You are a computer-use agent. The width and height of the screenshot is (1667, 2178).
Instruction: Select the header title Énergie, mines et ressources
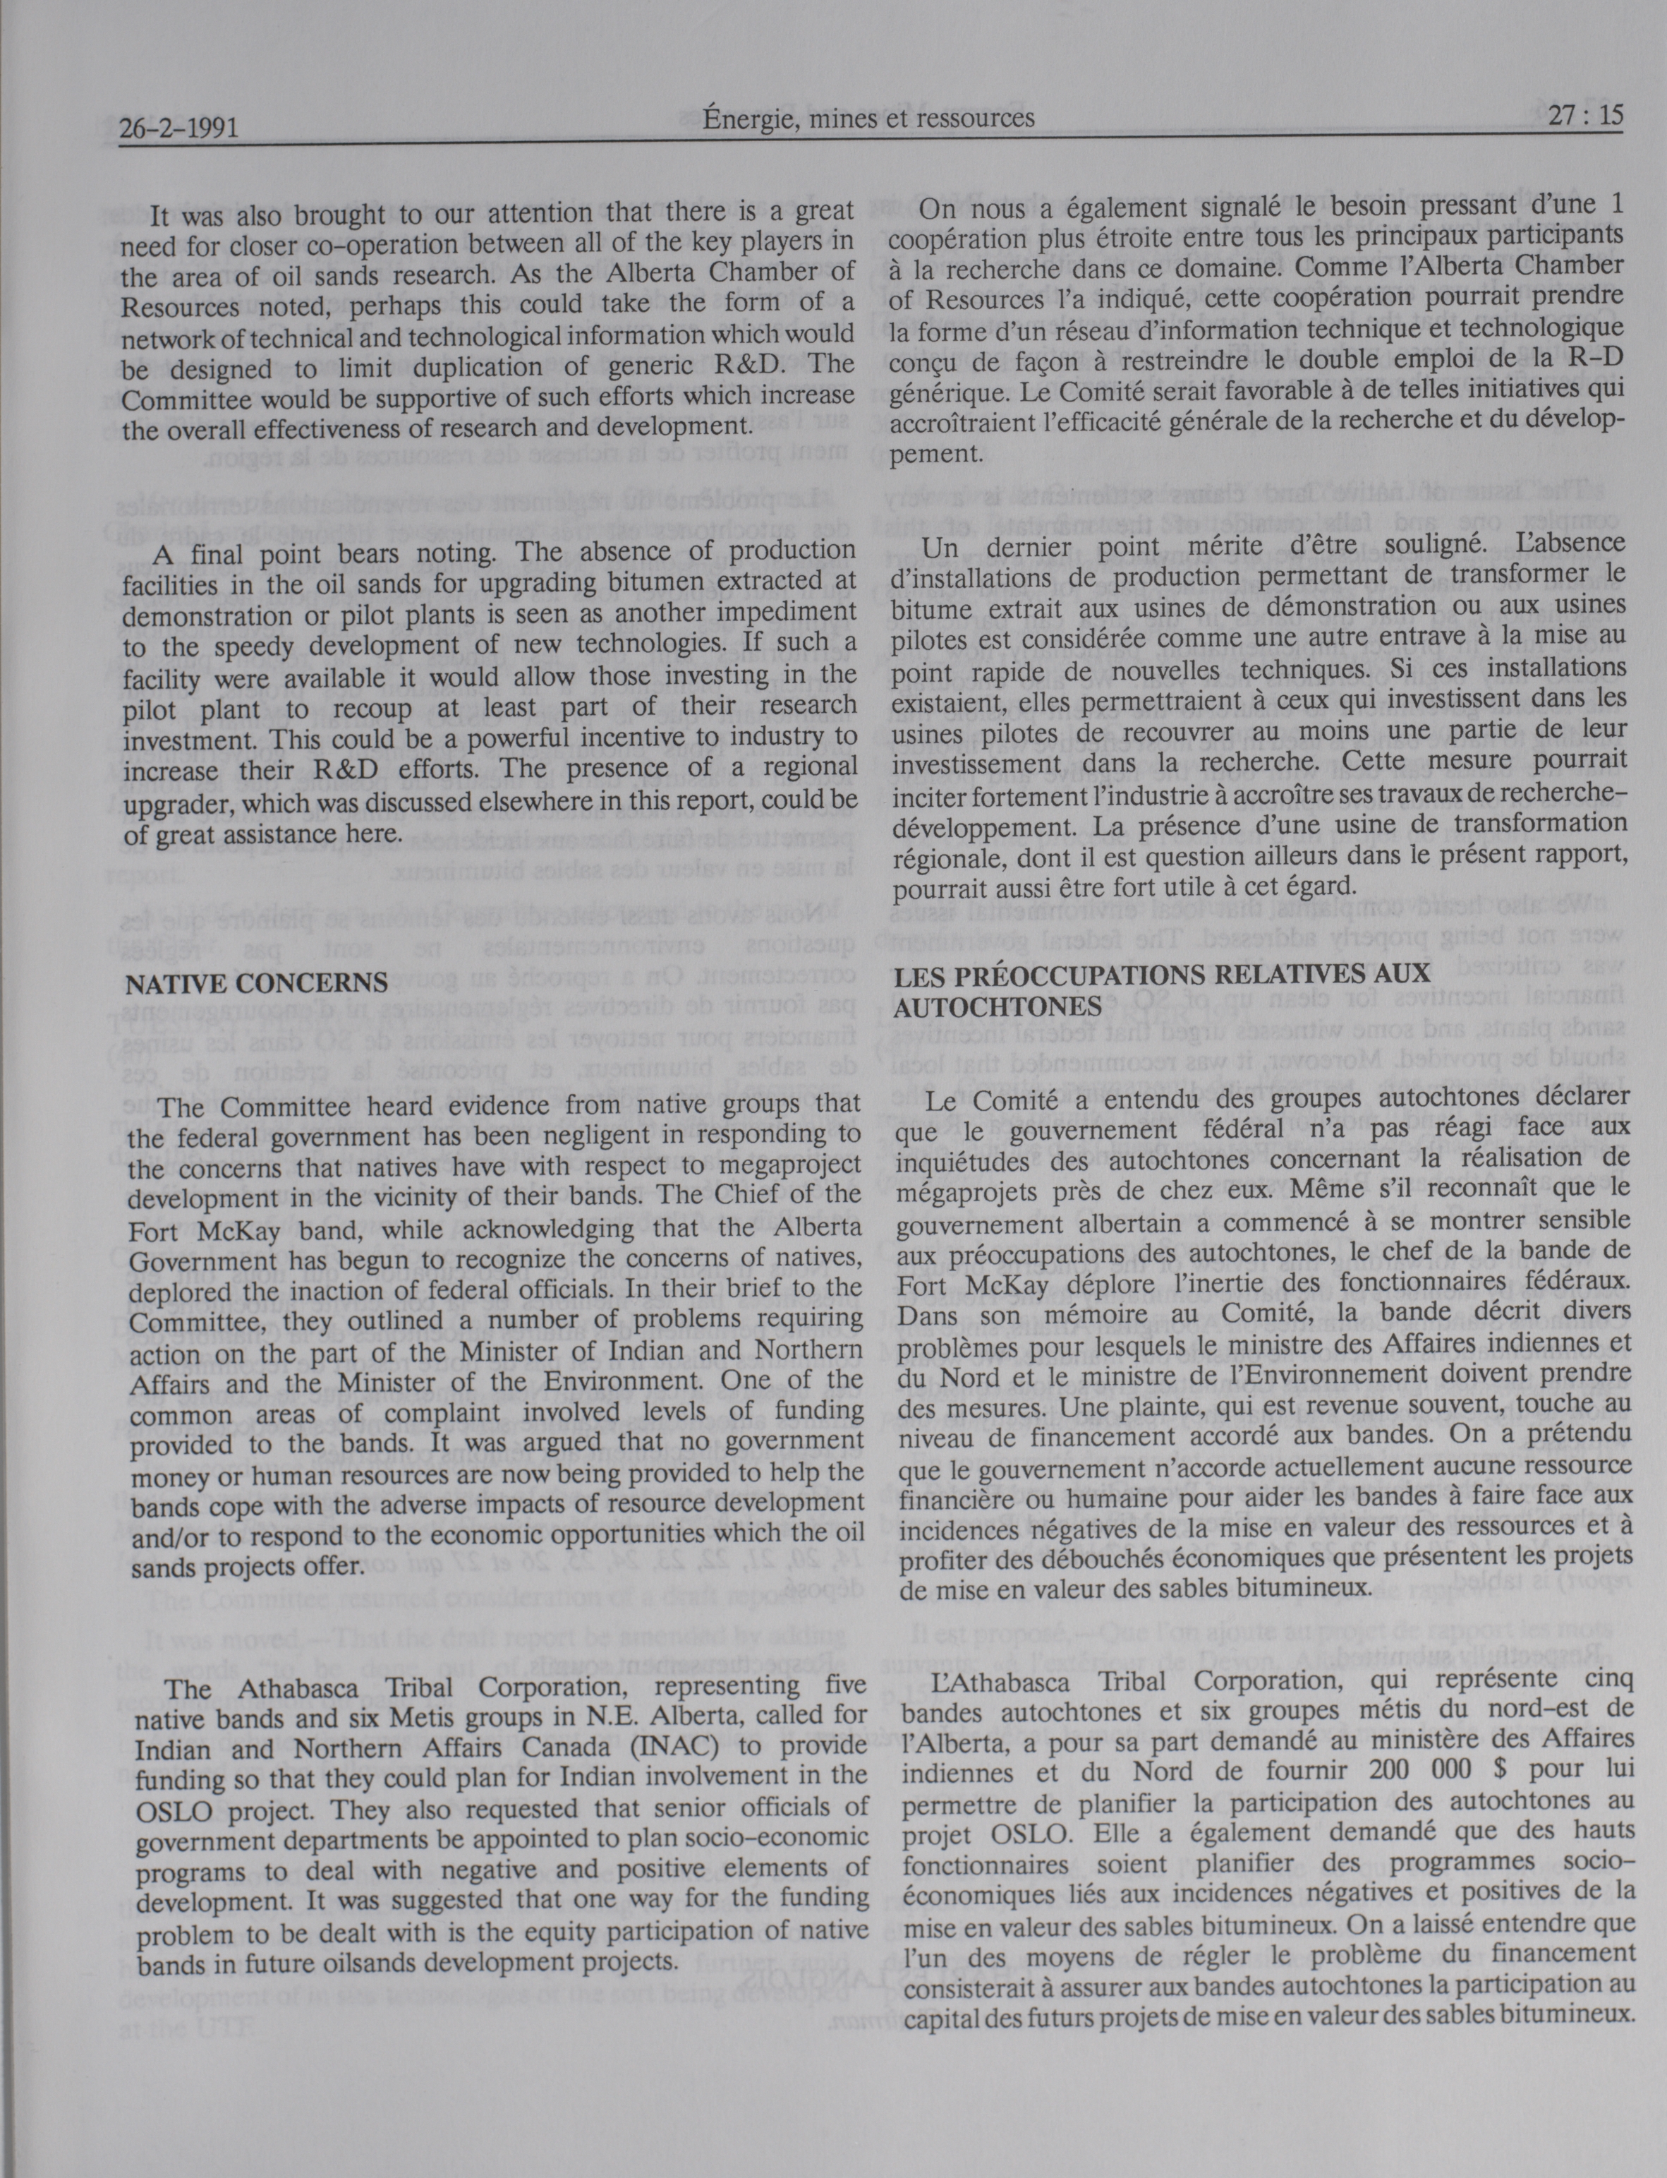(x=868, y=119)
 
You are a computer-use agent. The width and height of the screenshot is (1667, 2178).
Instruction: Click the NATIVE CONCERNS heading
(x=256, y=982)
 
